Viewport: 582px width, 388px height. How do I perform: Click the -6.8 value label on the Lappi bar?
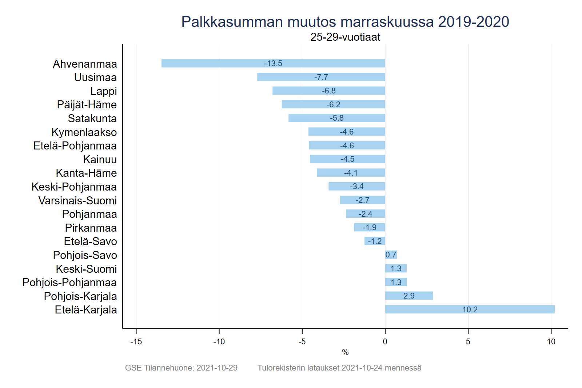pyautogui.click(x=329, y=91)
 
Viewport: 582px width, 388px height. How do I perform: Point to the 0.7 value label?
pyautogui.click(x=391, y=255)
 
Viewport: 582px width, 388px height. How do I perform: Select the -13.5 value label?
pyautogui.click(x=273, y=64)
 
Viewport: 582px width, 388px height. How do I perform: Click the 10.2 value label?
pyautogui.click(x=470, y=310)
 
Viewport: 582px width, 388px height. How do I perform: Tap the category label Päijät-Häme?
pyautogui.click(x=87, y=105)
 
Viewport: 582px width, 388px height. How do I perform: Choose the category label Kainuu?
pyautogui.click(x=100, y=160)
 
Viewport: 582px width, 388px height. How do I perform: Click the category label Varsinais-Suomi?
pyautogui.click(x=77, y=201)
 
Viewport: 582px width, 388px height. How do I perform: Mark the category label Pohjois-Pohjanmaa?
pyautogui.click(x=69, y=283)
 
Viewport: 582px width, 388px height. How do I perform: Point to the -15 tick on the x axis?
pyautogui.click(x=136, y=342)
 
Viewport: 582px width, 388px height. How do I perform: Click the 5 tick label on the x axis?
pyautogui.click(x=468, y=342)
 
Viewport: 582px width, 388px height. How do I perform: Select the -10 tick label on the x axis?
pyautogui.click(x=219, y=342)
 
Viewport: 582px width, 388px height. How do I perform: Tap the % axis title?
pyautogui.click(x=345, y=352)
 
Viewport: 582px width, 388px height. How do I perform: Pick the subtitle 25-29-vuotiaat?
pyautogui.click(x=345, y=37)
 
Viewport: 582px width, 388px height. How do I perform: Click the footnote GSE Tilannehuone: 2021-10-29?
pyautogui.click(x=181, y=368)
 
